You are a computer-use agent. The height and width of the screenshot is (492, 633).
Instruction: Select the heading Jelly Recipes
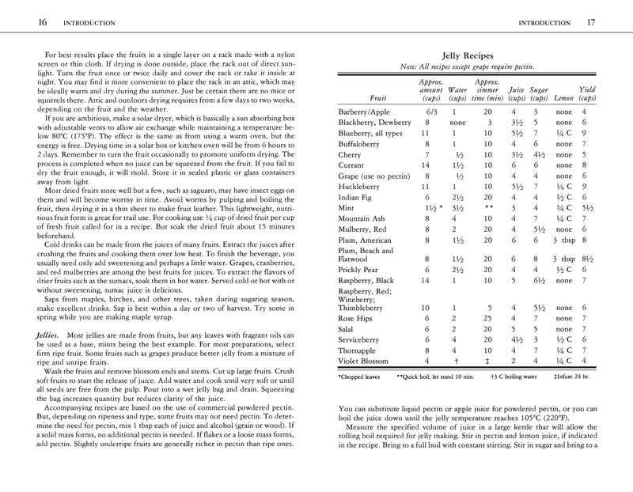[x=468, y=57]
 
